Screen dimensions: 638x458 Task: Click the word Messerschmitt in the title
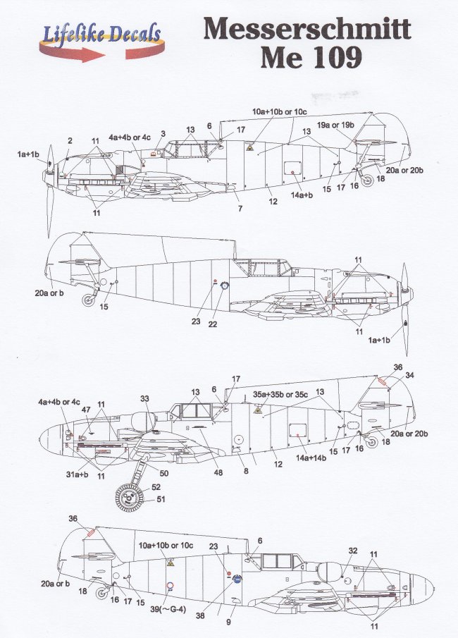coord(307,32)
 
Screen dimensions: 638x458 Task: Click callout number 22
coord(212,324)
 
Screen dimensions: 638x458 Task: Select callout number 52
coord(155,486)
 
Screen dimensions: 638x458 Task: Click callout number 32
coord(354,551)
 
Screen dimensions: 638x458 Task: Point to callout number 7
coord(239,209)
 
